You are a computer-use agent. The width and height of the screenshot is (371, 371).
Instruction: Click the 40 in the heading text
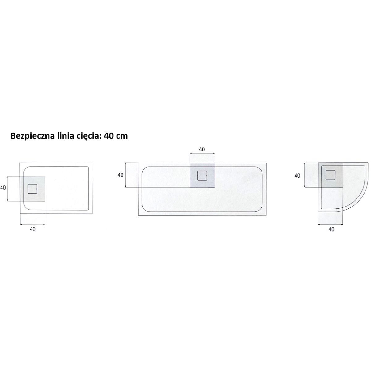pyautogui.click(x=109, y=136)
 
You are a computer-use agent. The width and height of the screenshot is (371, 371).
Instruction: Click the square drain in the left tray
pyautogui.click(x=32, y=189)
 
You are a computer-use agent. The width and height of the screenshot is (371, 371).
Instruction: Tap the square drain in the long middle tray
pyautogui.click(x=202, y=175)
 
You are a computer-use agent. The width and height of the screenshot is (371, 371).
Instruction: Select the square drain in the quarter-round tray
pyautogui.click(x=330, y=175)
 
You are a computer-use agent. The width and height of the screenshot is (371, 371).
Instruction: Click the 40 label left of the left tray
pyautogui.click(x=3, y=187)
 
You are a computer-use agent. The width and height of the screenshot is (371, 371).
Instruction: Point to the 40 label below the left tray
pyautogui.click(x=33, y=229)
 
